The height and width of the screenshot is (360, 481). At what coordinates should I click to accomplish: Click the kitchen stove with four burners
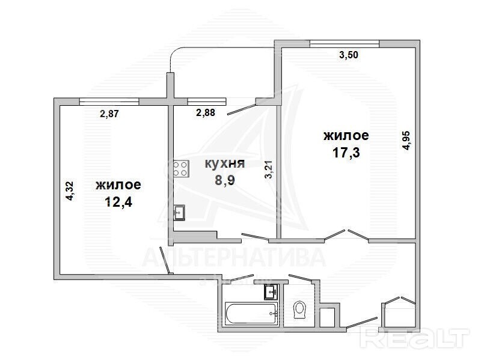tap(181, 169)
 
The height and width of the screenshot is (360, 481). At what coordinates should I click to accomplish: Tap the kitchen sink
tap(179, 212)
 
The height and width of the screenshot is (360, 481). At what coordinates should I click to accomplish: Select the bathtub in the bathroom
tap(251, 313)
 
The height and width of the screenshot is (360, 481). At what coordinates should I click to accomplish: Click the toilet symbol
tap(299, 310)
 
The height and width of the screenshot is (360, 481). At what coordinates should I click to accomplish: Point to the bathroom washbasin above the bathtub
tap(271, 291)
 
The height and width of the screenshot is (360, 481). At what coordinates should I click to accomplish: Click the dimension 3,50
tap(349, 55)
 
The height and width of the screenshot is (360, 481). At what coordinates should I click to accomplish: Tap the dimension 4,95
tap(406, 141)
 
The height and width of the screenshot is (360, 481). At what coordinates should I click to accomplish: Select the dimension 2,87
tap(109, 114)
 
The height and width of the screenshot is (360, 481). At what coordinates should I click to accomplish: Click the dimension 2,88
tap(206, 112)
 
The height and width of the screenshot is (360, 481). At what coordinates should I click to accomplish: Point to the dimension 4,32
tap(70, 191)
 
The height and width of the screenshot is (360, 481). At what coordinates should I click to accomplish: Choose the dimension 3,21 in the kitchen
tap(269, 169)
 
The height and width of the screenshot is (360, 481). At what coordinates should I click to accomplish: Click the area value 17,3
tap(346, 153)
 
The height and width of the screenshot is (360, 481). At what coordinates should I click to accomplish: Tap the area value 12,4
tap(118, 202)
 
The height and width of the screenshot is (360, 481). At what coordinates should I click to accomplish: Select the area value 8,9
tap(225, 180)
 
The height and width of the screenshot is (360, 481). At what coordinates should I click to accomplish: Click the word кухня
tap(225, 163)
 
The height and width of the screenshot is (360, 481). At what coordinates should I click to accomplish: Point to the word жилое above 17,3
tap(346, 135)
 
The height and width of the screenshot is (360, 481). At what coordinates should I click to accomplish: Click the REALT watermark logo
tap(415, 337)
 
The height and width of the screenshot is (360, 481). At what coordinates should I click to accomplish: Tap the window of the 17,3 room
tap(345, 44)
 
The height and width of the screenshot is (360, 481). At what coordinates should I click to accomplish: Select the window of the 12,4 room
tap(109, 102)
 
